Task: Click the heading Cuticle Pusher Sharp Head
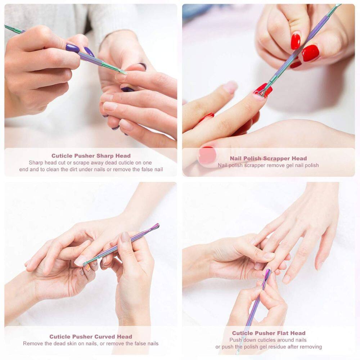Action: coord(91,156)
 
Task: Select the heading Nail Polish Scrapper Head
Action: coord(268,158)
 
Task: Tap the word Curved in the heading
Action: coord(104,337)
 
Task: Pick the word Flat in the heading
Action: coord(283,333)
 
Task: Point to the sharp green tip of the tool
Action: coord(123,72)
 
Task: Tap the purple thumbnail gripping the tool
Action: coord(73,48)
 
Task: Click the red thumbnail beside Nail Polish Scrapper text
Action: coord(207,155)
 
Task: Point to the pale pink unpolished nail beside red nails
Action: coord(230,87)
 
